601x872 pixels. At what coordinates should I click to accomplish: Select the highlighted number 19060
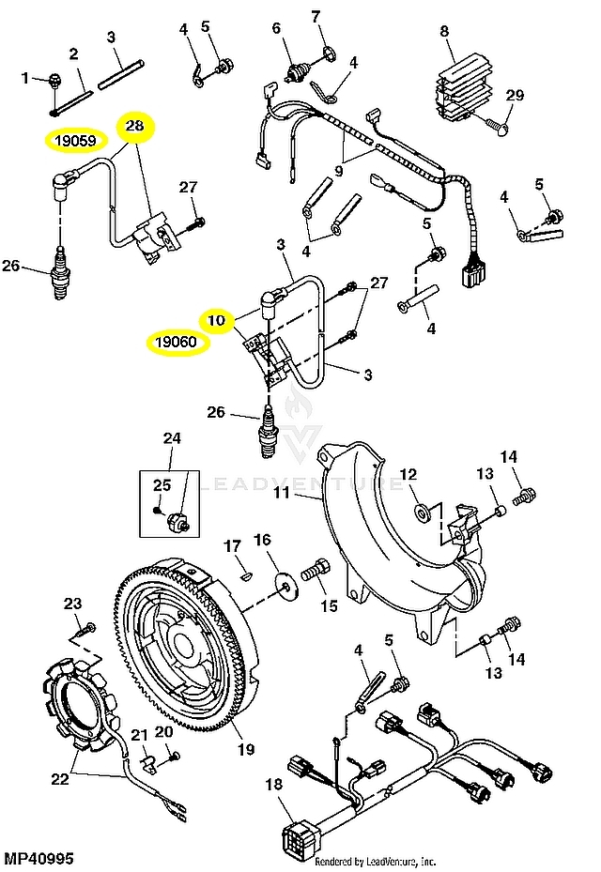tap(177, 341)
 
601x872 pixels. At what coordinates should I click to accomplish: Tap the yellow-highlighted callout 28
tap(135, 125)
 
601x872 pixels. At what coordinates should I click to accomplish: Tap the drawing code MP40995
tap(39, 858)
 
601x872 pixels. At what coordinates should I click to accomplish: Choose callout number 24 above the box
tap(172, 437)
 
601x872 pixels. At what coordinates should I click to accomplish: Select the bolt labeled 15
tap(316, 571)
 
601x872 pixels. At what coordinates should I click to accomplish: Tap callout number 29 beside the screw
tap(515, 95)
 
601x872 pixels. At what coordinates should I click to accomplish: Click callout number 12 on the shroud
tap(408, 472)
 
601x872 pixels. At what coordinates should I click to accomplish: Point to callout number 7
tap(316, 16)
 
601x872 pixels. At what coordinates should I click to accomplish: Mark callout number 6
tap(276, 28)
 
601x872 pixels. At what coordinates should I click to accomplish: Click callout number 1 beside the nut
tap(25, 79)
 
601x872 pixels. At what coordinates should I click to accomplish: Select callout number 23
tap(72, 603)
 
